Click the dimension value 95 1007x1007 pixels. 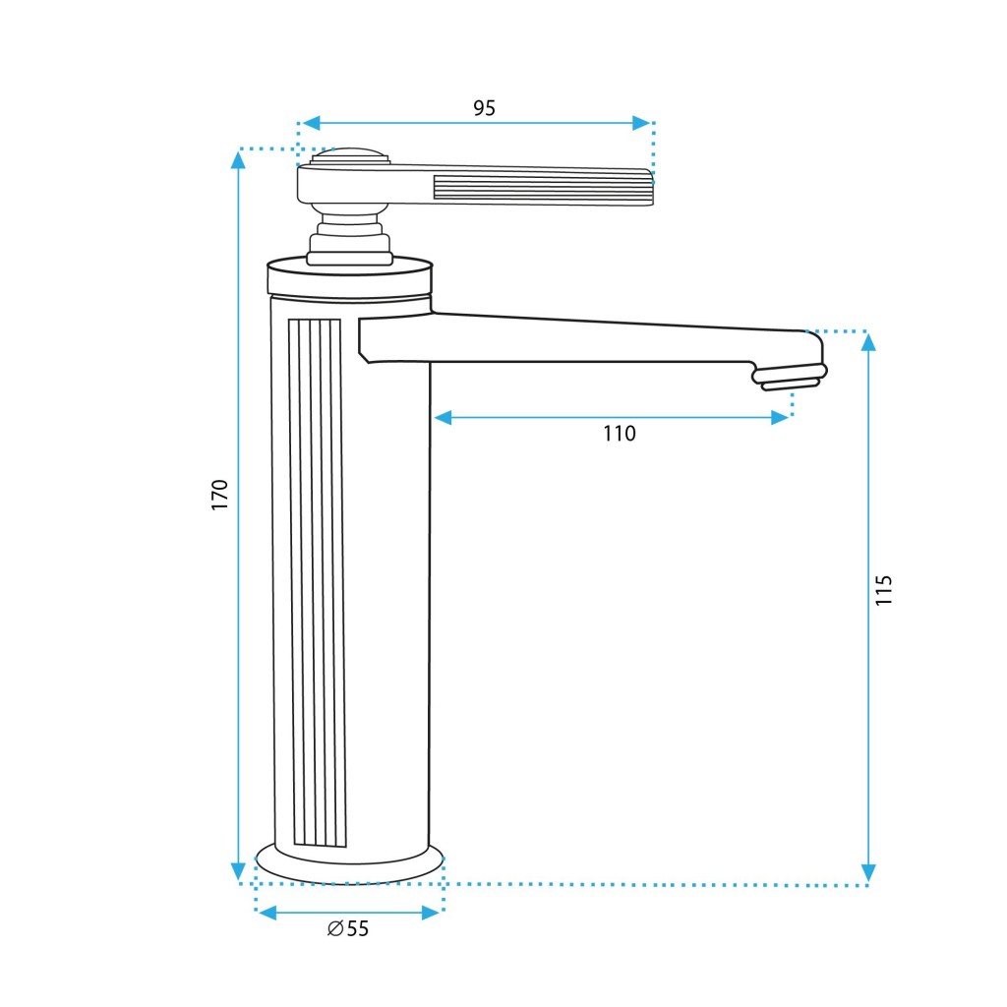click(484, 108)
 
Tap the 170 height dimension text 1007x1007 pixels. click(219, 495)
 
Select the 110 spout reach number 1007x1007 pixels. click(620, 434)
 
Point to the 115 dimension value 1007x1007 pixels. click(884, 590)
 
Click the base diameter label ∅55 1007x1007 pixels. click(348, 928)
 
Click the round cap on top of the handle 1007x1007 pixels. click(350, 155)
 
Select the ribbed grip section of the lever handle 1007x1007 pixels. click(543, 189)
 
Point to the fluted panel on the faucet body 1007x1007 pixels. click(318, 582)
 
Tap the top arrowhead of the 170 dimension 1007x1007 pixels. click(238, 160)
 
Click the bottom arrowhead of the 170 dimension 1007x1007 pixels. click(238, 871)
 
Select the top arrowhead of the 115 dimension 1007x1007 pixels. click(868, 342)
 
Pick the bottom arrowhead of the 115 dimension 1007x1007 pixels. click(868, 873)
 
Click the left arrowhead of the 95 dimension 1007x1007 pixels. click(311, 123)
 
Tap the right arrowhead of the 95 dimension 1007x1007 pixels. click(641, 123)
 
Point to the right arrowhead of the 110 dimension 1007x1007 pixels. click(780, 418)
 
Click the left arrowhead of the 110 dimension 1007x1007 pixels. click(444, 418)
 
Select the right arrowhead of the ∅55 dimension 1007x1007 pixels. click(431, 913)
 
